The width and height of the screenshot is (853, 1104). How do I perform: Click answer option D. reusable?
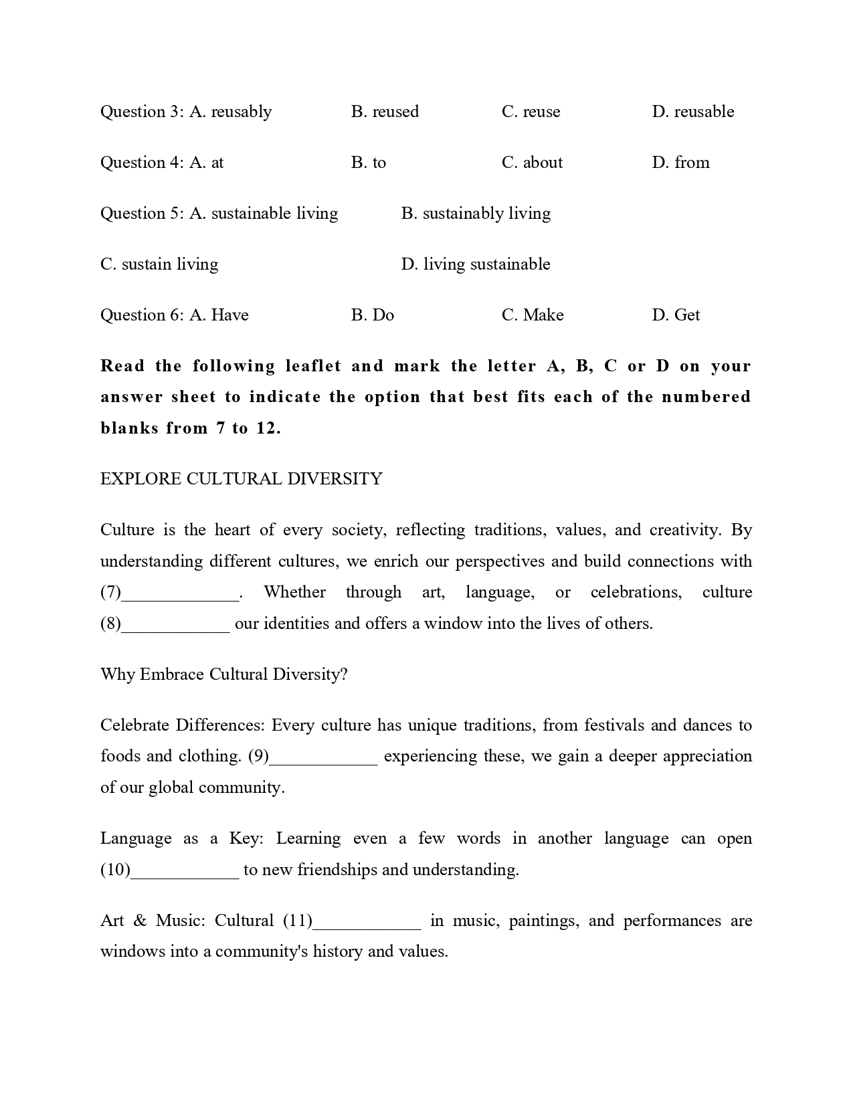point(693,112)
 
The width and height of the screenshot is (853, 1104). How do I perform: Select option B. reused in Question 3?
point(385,112)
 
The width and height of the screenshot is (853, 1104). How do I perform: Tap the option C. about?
point(532,163)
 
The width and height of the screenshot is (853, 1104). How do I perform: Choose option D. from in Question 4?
point(680,163)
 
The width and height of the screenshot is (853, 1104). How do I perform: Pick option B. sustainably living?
point(476,213)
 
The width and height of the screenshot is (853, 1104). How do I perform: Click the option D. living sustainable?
point(475,264)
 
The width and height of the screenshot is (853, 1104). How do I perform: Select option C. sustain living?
point(159,264)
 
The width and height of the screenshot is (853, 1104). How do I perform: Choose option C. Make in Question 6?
point(533,315)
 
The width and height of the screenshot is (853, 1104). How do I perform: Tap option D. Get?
point(676,315)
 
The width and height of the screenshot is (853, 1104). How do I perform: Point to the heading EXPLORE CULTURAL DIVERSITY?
point(242,479)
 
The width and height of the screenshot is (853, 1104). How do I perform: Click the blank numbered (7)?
point(181,593)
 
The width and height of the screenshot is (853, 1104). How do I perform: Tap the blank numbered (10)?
point(185,870)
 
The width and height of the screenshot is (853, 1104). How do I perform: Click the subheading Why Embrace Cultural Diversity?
point(224,674)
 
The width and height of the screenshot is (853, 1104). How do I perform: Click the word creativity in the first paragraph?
point(684,531)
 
